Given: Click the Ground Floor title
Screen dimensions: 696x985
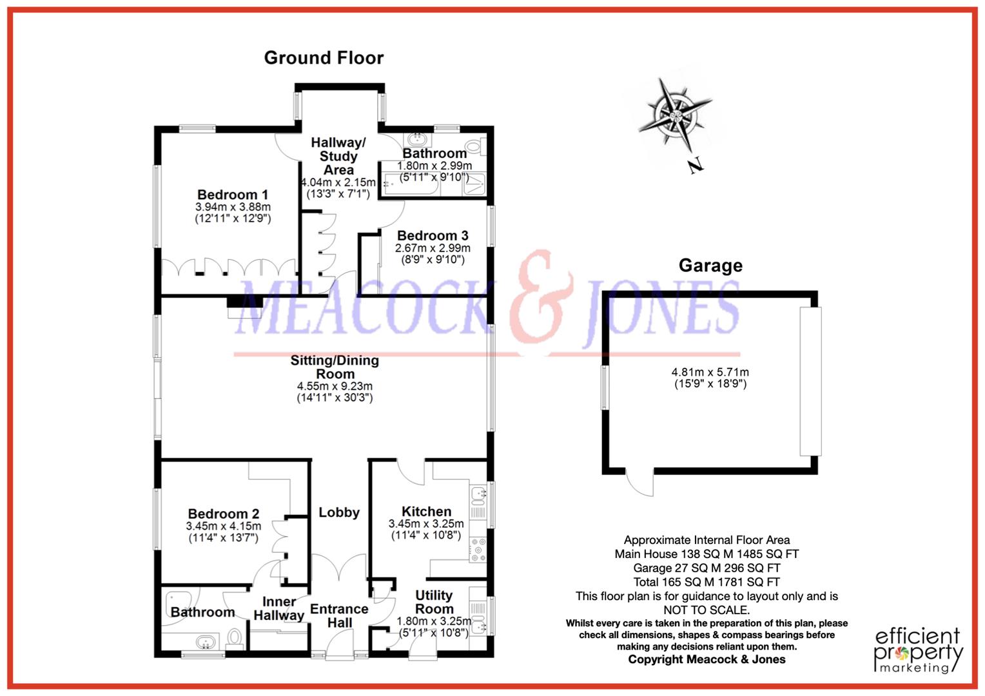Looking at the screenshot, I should click(x=324, y=58).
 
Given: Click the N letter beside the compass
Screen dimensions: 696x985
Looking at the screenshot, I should click(x=695, y=166).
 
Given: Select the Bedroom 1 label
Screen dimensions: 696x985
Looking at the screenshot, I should click(x=233, y=195).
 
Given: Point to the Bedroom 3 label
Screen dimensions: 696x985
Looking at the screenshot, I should click(x=433, y=236).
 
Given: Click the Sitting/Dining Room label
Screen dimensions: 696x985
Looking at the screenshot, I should click(x=335, y=367).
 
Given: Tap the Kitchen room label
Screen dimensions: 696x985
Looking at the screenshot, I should click(x=426, y=512).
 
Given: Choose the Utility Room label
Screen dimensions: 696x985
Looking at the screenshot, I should click(x=434, y=602).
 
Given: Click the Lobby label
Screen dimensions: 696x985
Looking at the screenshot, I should click(x=339, y=512).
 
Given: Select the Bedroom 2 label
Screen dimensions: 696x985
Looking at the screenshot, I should click(x=224, y=514).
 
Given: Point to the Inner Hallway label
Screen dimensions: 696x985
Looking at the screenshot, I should click(x=278, y=608).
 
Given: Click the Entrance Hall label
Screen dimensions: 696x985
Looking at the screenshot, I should click(x=339, y=615).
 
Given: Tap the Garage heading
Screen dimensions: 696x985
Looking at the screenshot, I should click(x=710, y=266).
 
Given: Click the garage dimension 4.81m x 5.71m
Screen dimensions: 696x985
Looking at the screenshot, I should click(x=710, y=372).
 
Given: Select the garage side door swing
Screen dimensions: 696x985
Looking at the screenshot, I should click(x=641, y=483).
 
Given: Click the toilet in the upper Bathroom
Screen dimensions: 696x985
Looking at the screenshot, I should click(x=476, y=148).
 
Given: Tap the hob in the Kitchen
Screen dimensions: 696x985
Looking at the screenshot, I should click(x=478, y=549).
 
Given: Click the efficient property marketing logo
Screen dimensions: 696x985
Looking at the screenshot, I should click(x=918, y=650).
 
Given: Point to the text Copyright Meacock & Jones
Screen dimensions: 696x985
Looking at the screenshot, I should click(x=707, y=659).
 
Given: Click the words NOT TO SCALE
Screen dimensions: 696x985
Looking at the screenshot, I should click(x=707, y=610).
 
